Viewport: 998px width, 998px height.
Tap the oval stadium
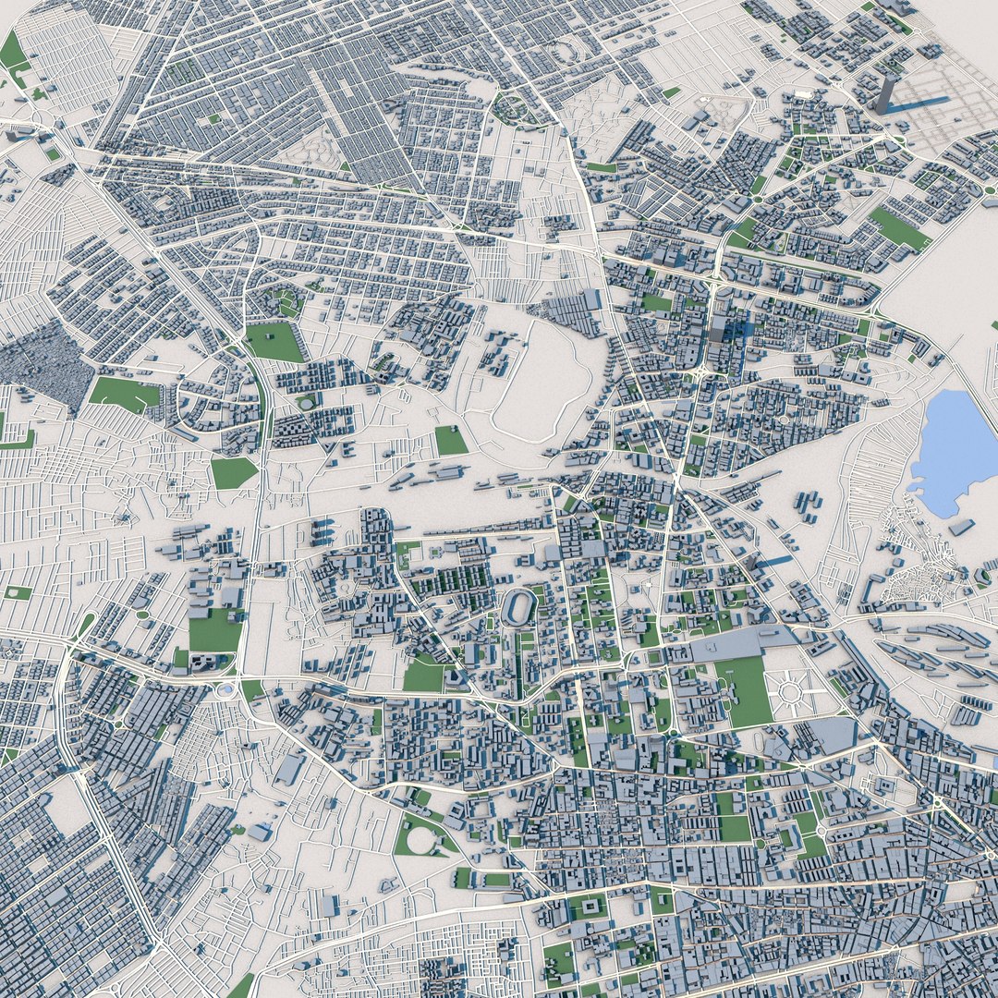point(520,609)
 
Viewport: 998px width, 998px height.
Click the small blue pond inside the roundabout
point(225,689)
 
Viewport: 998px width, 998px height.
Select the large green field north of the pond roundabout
point(214,630)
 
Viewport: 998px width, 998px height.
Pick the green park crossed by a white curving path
point(274,341)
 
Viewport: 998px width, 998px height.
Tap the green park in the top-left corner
point(13,51)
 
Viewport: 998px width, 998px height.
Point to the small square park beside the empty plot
point(451,440)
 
